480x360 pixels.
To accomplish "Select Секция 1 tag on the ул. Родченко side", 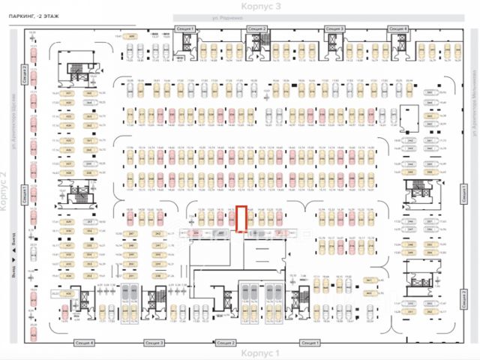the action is click(x=185, y=28).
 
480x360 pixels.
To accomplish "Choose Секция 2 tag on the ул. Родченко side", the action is click(x=257, y=28).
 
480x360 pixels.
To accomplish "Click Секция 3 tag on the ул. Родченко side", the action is click(x=334, y=28).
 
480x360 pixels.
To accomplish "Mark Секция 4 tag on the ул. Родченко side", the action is click(x=397, y=28).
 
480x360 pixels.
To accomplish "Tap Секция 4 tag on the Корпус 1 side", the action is click(x=85, y=342).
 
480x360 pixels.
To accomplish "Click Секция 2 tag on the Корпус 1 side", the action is click(x=226, y=342).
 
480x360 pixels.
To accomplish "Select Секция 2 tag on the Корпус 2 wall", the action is click(x=25, y=75).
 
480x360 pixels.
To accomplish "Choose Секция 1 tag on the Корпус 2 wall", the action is click(x=25, y=195).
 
